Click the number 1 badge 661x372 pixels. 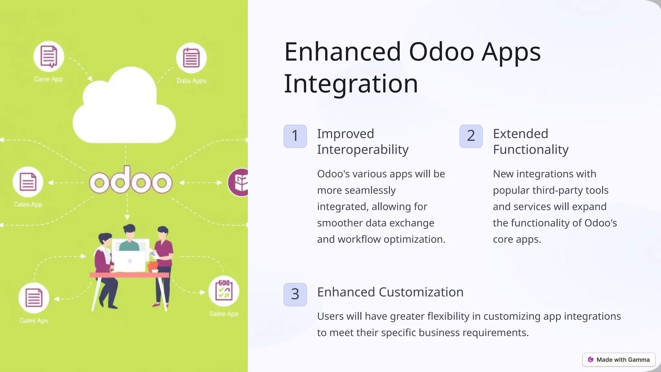[295, 136]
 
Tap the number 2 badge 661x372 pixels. [471, 136]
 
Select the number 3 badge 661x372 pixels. [295, 294]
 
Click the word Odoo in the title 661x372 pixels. [442, 52]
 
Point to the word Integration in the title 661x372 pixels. [351, 84]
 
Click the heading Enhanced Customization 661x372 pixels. [390, 292]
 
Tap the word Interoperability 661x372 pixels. [362, 150]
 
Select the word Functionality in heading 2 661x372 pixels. [531, 150]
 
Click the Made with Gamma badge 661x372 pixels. [619, 360]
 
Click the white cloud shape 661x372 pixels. [124, 110]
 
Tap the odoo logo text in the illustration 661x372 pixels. [131, 181]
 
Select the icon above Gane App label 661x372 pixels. [49, 57]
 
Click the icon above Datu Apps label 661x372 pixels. [191, 58]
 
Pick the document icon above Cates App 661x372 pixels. [28, 182]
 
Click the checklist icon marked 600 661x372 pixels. [224, 291]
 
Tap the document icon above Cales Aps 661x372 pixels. [34, 298]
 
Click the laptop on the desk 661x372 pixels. [130, 261]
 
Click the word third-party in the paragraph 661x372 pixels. [558, 190]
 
